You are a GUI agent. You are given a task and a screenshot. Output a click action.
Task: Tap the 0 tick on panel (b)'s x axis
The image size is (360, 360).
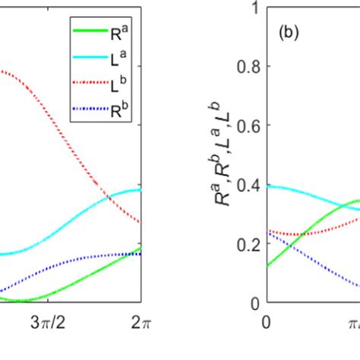pyautogui.click(x=266, y=322)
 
